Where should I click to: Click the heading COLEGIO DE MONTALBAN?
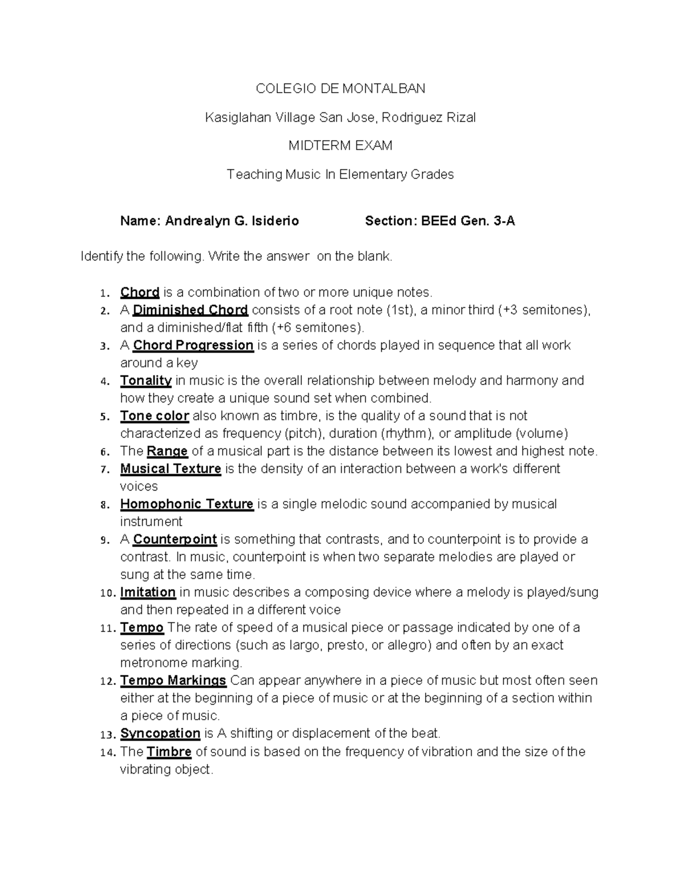tap(340, 89)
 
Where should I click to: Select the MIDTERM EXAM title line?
tap(340, 146)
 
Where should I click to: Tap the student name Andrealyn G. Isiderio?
tap(232, 221)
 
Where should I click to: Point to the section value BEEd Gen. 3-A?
tap(468, 221)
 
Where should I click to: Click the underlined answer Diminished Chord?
tap(190, 310)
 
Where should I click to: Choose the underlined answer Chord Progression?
tap(193, 345)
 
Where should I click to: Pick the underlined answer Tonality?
tap(146, 381)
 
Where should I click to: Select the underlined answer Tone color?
tap(155, 416)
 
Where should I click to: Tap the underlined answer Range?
tap(167, 452)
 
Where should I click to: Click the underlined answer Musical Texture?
tap(170, 469)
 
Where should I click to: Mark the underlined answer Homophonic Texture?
tap(187, 504)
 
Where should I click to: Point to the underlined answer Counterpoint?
tap(175, 540)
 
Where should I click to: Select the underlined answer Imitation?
tap(148, 592)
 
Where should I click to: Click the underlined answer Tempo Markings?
tap(173, 680)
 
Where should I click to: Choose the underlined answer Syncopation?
tap(160, 733)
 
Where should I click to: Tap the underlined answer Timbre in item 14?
tap(169, 752)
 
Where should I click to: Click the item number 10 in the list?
tap(106, 593)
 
